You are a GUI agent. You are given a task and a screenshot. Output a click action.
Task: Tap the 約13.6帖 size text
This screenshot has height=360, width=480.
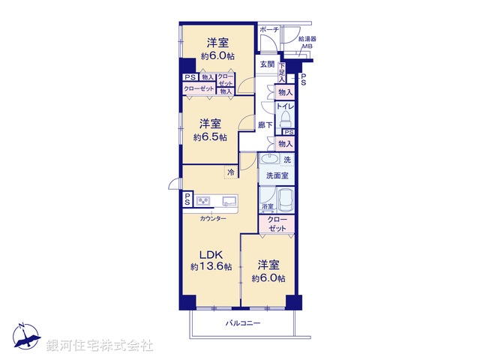(210, 267)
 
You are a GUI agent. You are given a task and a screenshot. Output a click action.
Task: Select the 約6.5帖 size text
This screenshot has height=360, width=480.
(209, 137)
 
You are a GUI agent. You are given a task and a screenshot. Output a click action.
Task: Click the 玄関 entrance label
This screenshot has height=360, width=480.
(267, 64)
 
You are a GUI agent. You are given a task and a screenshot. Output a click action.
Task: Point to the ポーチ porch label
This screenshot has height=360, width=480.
(268, 29)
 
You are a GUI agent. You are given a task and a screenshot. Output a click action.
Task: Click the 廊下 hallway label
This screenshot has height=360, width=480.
(265, 125)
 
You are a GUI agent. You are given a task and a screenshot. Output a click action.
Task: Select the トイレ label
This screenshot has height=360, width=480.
(285, 107)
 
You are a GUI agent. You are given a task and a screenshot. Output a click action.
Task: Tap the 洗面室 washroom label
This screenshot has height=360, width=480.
(277, 175)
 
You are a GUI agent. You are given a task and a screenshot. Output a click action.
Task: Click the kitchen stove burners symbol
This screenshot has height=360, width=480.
(203, 200)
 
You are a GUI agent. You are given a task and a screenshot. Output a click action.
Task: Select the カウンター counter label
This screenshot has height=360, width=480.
(213, 218)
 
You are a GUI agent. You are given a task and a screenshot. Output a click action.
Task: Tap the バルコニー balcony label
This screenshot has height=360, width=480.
(243, 323)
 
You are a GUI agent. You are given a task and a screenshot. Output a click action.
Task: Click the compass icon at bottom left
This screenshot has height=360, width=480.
(25, 337)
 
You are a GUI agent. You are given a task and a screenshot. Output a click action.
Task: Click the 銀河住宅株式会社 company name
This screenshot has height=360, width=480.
(100, 346)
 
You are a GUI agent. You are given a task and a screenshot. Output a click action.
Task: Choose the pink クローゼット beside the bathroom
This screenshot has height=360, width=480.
(277, 223)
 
